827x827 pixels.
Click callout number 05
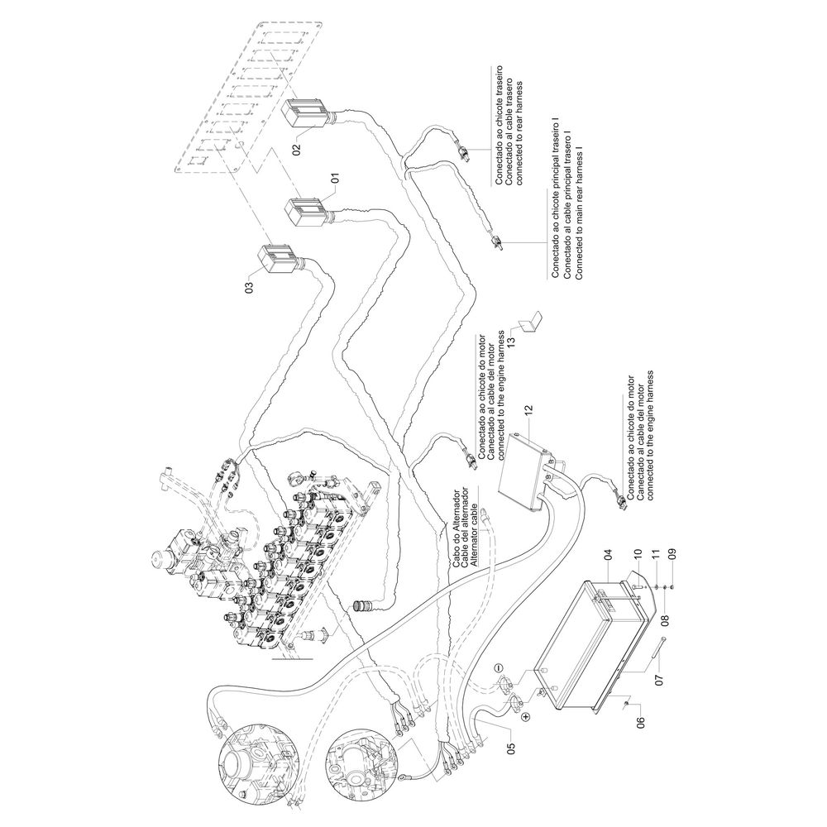tap(511, 749)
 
